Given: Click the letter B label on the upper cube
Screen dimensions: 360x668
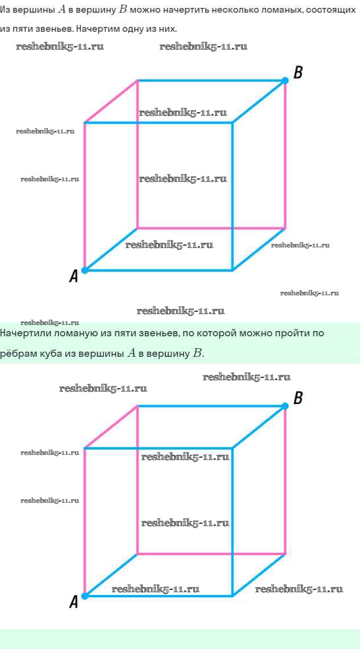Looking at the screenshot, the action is [298, 72].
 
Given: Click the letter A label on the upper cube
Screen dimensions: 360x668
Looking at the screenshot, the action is [73, 276].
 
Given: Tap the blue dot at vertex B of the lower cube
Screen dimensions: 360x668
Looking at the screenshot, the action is [285, 406].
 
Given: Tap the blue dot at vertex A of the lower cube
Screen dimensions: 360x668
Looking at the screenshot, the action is [85, 596].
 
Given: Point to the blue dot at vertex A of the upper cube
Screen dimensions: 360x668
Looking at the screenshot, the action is [85, 270].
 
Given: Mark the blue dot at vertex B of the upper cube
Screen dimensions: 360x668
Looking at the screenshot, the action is [285, 80].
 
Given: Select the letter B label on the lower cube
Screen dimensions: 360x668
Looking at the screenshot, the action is [298, 398].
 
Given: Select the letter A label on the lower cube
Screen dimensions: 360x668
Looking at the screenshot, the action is [73, 602].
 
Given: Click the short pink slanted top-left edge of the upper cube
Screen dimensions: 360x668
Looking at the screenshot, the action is [111, 101].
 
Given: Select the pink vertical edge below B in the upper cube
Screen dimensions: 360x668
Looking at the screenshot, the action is [285, 154].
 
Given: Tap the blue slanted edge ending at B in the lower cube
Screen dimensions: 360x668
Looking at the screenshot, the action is [259, 427].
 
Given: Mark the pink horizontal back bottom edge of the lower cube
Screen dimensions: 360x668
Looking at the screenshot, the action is [211, 554].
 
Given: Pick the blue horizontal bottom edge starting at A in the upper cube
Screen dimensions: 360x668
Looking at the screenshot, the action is [159, 270].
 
